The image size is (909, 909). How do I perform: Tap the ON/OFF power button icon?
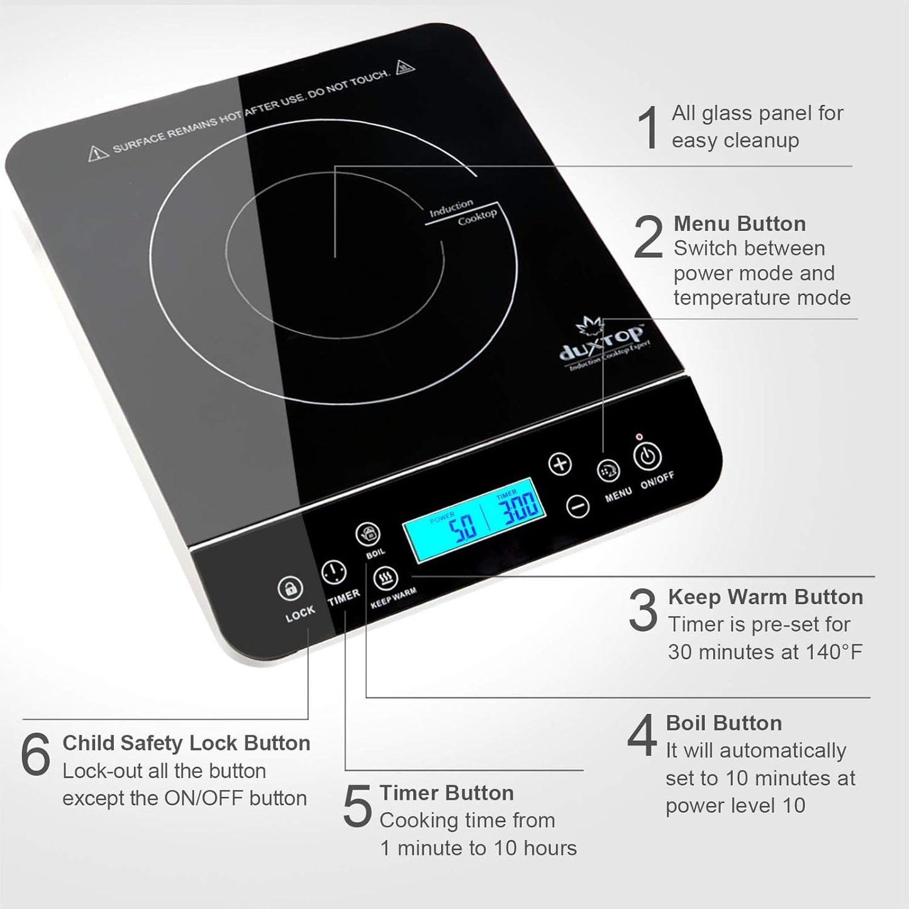647,455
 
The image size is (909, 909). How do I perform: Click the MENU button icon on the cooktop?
608,471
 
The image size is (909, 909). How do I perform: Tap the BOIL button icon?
368,535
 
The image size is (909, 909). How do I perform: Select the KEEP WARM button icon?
385,577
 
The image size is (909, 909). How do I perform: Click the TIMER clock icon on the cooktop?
333,572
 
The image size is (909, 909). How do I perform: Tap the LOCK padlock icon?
290,589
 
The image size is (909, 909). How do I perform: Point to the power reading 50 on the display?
464,527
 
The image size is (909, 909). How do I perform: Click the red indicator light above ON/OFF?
639,437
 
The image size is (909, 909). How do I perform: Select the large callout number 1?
648,128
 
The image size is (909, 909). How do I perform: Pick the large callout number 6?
35,755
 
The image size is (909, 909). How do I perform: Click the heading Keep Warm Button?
765,597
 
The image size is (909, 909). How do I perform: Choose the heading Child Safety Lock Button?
186,743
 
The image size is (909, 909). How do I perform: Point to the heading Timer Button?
447,793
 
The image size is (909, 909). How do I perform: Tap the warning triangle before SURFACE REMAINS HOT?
98,152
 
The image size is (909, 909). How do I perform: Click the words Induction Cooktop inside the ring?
463,212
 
